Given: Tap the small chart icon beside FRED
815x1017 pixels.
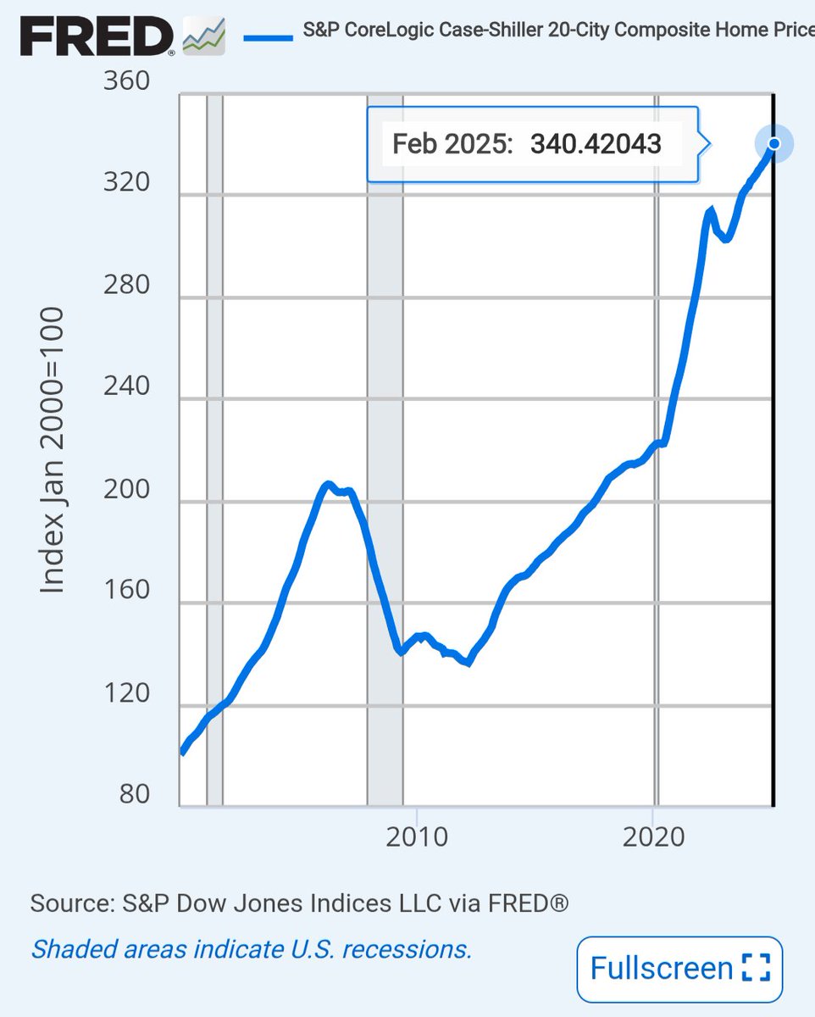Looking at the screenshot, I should click(x=204, y=37).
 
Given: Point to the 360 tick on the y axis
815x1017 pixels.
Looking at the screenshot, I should click(x=126, y=82).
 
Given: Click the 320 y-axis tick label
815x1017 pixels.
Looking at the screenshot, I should click(x=126, y=184).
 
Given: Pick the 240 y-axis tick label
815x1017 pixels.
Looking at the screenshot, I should click(x=126, y=386).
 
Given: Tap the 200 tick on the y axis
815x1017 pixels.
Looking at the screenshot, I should click(x=126, y=490).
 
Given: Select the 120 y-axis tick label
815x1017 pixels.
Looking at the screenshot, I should click(x=126, y=693).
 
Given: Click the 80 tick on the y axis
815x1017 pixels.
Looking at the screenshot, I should click(x=131, y=795).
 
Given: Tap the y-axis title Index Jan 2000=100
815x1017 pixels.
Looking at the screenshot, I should click(x=53, y=449).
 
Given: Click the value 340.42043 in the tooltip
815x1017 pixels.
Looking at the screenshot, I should click(x=596, y=144).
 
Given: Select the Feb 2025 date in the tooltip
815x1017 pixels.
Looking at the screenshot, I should click(x=453, y=144).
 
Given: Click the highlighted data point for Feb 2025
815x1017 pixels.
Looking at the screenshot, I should click(x=773, y=143).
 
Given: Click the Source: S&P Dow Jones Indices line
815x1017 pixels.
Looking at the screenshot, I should click(x=299, y=903).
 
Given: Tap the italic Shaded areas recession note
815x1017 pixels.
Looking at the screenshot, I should click(x=251, y=948).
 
